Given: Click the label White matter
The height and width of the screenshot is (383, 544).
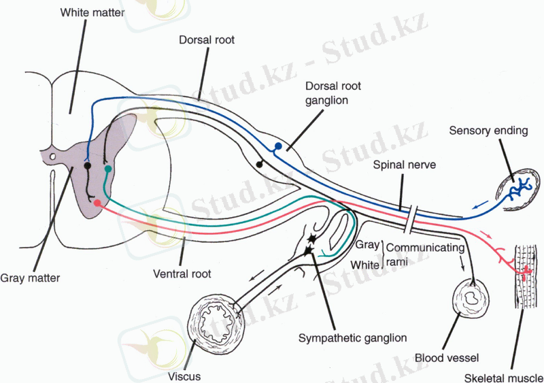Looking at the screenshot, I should tap(91, 13).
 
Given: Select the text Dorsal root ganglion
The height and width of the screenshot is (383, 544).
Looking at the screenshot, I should tap(333, 93).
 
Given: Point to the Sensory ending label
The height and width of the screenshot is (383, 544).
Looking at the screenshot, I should tap(488, 131).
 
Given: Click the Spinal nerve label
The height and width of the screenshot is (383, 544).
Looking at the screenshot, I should tap(404, 165).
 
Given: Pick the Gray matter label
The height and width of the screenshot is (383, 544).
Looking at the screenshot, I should tap(30, 278).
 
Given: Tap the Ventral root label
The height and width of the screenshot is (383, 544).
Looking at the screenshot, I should tap(182, 274).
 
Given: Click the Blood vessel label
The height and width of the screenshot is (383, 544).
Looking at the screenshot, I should tap(447, 357).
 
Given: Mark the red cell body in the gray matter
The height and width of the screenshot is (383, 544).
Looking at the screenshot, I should tap(97, 203).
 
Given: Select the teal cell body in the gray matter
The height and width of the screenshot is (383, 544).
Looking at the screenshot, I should tap(107, 168).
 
